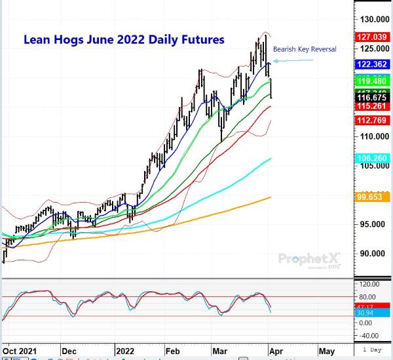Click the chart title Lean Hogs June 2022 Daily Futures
124,40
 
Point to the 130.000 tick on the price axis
371,19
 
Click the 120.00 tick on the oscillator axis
369,284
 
